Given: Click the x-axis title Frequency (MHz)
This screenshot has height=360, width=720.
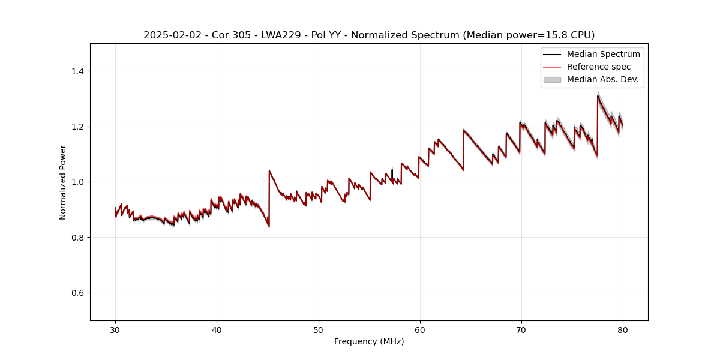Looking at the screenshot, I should coord(369,341).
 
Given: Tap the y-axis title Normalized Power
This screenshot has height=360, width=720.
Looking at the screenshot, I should coord(63,182).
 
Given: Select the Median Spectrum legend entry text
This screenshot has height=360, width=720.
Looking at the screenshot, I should coord(603,54).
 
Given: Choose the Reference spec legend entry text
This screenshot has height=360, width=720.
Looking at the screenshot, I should coord(599,67).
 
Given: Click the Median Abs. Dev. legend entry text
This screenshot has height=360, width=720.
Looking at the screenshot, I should coord(602,79).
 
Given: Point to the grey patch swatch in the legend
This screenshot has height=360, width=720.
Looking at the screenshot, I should coord(552,79).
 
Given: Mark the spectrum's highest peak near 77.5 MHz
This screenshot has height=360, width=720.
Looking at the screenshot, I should coord(598,96).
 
